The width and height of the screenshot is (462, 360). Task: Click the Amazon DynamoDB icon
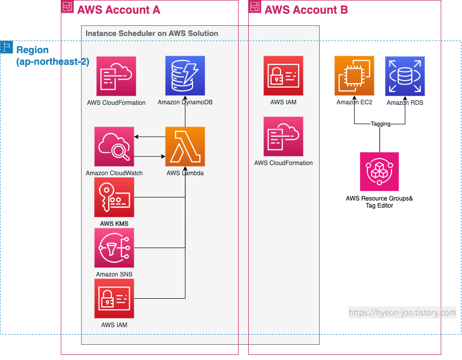[185, 76]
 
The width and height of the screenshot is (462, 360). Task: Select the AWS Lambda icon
[185, 147]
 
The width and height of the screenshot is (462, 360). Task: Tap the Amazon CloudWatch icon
[114, 147]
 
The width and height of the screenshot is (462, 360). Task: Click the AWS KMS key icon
[114, 197]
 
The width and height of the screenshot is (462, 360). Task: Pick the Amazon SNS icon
[114, 248]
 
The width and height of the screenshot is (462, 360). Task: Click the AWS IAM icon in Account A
[114, 299]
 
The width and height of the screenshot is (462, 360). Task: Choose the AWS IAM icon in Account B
[283, 76]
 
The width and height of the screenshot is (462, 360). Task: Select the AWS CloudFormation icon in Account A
[116, 76]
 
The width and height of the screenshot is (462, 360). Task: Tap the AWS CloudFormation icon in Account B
[283, 137]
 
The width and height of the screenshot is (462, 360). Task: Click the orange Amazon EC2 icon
[354, 76]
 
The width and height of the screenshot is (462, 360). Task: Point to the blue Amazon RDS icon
[405, 76]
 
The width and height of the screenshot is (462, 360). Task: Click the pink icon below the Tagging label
[379, 172]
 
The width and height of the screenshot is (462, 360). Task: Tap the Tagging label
[380, 124]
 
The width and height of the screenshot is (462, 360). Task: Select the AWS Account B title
[306, 10]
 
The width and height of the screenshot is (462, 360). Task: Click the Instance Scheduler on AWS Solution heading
[152, 33]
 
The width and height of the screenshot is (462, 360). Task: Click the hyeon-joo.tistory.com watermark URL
[403, 312]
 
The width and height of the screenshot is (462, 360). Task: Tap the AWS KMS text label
[114, 224]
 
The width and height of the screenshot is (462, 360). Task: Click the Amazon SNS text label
[114, 274]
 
